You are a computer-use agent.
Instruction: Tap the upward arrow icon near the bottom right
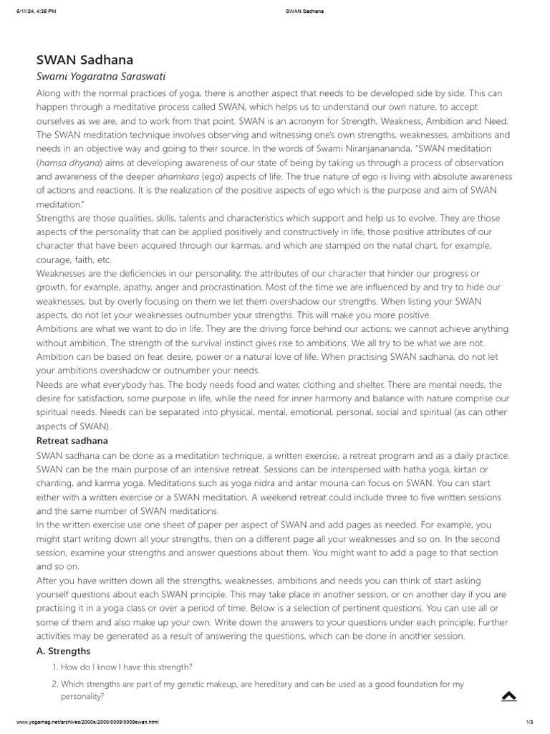[x=509, y=695]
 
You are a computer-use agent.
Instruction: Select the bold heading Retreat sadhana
[x=72, y=440]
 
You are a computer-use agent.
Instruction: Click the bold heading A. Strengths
[x=63, y=651]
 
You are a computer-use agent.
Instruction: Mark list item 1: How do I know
[x=125, y=667]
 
